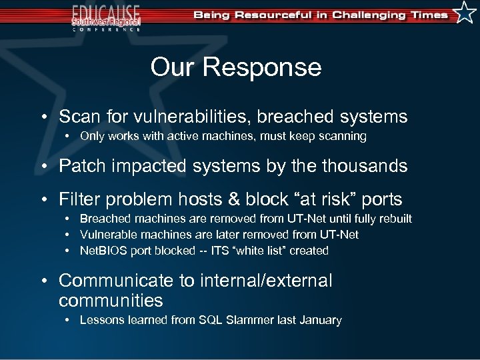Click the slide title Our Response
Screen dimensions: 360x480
(235, 67)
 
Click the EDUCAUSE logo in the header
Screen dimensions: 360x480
(107, 17)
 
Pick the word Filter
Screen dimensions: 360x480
(80, 199)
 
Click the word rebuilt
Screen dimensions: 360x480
(394, 219)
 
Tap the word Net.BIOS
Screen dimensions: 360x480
(101, 251)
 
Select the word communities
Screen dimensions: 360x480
(111, 300)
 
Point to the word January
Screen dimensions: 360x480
(320, 320)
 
